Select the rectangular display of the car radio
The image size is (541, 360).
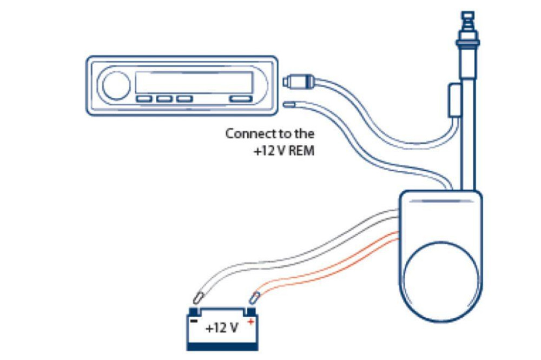pos(194,83)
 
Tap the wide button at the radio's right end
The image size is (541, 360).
pos(241,99)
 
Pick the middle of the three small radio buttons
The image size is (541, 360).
pos(164,99)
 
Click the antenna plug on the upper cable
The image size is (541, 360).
pos(296,82)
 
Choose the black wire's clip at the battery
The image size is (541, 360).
pos(198,297)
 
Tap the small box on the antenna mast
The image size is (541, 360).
pos(455,100)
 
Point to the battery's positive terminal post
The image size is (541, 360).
pos(250,311)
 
